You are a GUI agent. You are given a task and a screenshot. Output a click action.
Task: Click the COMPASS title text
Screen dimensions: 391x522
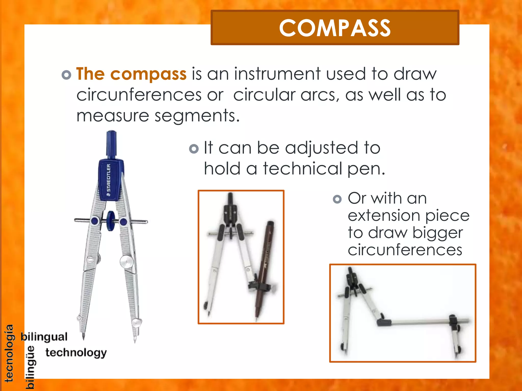click(335, 28)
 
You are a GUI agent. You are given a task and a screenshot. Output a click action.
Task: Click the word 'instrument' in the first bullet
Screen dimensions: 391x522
click(277, 74)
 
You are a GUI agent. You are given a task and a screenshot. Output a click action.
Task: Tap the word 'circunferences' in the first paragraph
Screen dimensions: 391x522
click(139, 95)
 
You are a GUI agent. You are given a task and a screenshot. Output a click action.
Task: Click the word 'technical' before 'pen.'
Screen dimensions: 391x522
click(303, 169)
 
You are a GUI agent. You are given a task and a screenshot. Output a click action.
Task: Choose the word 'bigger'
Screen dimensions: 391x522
click(438, 233)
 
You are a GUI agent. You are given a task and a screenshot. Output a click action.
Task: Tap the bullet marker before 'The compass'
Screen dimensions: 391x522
click(66, 75)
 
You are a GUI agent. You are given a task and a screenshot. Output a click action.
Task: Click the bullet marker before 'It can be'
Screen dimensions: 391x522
click(194, 149)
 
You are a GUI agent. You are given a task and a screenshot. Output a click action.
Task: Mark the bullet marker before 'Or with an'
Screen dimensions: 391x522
click(337, 199)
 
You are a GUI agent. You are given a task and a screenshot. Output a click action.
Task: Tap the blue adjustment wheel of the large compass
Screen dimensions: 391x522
click(111, 221)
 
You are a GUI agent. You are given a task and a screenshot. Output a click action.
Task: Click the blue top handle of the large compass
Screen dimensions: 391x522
click(111, 144)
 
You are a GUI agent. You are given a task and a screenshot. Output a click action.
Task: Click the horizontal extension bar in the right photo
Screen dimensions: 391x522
click(421, 322)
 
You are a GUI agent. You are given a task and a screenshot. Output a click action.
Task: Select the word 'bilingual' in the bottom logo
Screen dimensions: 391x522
click(44, 337)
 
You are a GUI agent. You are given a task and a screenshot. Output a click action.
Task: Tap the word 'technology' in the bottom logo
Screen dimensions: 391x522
click(76, 353)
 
